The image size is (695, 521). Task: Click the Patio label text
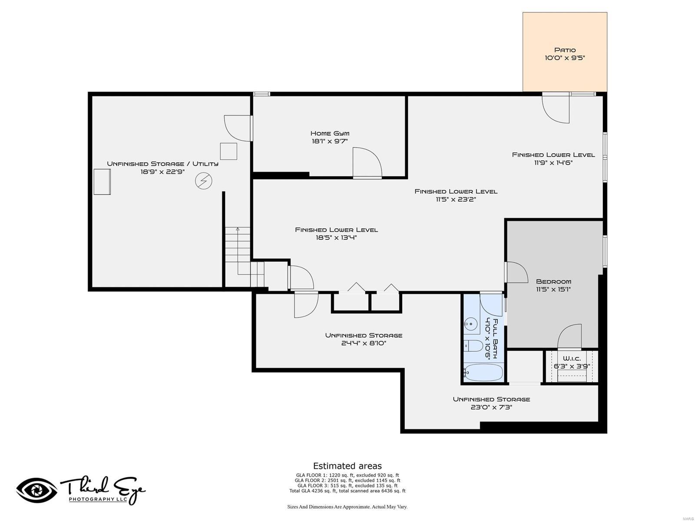click(565, 50)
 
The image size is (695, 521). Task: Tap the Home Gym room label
click(330, 133)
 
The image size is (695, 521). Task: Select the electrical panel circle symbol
click(203, 181)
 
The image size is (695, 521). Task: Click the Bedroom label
click(553, 281)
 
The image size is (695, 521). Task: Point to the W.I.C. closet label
click(572, 359)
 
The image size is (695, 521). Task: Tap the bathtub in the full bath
click(483, 372)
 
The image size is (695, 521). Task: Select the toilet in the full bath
click(474, 346)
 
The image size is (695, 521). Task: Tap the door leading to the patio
click(556, 109)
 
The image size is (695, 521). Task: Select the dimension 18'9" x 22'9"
click(162, 172)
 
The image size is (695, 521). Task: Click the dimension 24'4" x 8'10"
click(364, 343)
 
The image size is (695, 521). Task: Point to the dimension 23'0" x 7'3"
click(491, 407)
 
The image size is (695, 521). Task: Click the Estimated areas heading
click(347, 466)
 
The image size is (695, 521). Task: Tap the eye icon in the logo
click(37, 491)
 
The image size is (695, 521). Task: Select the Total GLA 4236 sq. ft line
click(347, 491)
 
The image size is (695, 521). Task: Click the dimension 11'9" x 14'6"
click(553, 163)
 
